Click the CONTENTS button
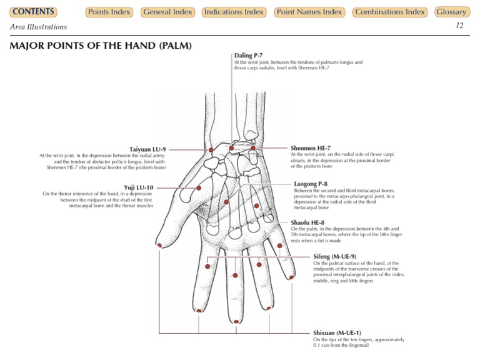(33, 12)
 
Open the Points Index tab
(109, 12)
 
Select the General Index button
(167, 12)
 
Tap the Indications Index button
(234, 12)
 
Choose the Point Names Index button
(309, 12)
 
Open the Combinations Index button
(389, 12)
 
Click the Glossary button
(451, 12)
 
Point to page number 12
(459, 26)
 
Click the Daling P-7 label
(248, 56)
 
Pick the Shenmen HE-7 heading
(311, 148)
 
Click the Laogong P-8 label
(311, 184)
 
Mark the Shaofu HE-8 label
(307, 222)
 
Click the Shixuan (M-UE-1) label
(337, 332)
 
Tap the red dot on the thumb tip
(160, 245)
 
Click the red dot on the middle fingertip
(236, 321)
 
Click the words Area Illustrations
(38, 27)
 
